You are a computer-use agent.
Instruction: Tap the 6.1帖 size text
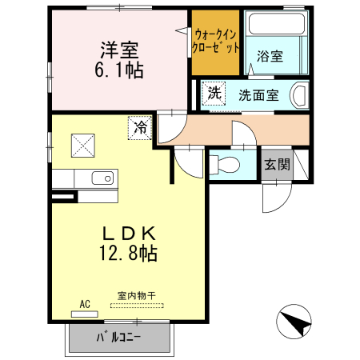click(x=119, y=70)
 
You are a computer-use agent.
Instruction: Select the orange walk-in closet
click(x=215, y=42)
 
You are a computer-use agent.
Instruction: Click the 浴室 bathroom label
click(x=270, y=56)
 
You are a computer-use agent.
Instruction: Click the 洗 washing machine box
click(x=214, y=93)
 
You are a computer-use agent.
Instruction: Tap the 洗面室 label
click(x=258, y=94)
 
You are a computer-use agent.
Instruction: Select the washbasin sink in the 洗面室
click(x=298, y=94)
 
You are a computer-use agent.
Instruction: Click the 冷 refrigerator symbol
click(x=140, y=126)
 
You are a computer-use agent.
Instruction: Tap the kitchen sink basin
click(x=102, y=178)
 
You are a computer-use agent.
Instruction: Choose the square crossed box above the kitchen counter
click(x=83, y=145)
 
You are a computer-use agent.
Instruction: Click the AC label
click(x=85, y=303)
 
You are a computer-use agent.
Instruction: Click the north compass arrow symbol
click(x=294, y=324)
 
